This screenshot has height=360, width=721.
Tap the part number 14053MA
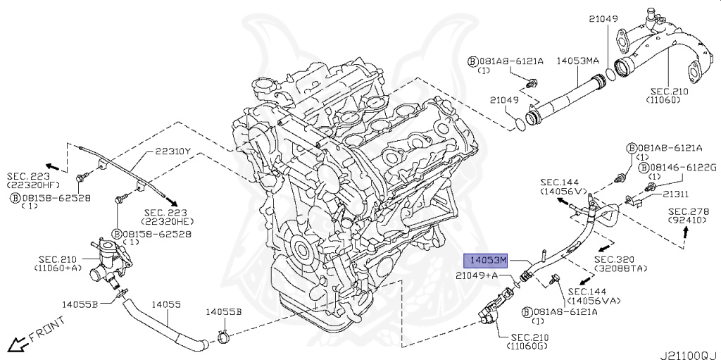578,61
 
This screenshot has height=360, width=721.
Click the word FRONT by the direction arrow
48,330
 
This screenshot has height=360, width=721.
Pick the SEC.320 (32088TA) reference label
616,263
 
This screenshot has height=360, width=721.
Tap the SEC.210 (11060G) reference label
527,342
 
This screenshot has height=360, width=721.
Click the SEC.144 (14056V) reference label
563,186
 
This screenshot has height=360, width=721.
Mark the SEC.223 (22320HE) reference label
167,216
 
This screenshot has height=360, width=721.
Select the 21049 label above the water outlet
603,18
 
